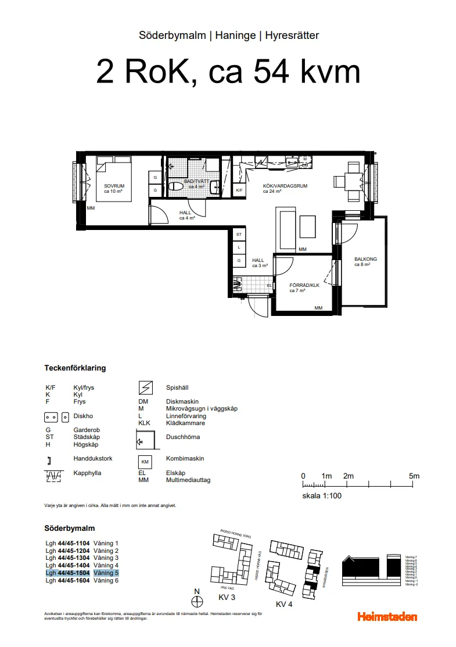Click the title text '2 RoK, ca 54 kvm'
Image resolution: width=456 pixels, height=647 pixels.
[228, 73]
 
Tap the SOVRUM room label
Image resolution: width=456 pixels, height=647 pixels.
[114, 186]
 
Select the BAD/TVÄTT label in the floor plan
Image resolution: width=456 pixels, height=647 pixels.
[193, 181]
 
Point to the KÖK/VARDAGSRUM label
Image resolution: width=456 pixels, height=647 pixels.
[285, 186]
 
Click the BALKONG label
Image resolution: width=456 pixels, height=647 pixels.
[365, 259]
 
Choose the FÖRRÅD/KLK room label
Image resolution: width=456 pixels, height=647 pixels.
[304, 285]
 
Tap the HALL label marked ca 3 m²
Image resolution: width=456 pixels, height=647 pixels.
[258, 261]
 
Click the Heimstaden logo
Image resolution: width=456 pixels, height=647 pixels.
[387, 617]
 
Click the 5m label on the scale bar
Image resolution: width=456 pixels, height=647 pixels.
[414, 476]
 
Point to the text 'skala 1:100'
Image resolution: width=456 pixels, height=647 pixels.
[321, 496]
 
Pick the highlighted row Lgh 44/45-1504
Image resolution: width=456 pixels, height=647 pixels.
[82, 573]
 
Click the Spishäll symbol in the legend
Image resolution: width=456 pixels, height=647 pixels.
[145, 387]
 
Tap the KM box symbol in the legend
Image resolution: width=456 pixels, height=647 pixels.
[145, 462]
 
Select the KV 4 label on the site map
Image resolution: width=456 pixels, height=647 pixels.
[284, 604]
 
